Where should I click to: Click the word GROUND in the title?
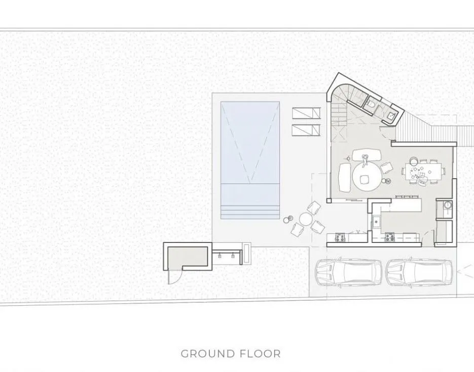(208, 354)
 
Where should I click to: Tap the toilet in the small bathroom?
(371, 104)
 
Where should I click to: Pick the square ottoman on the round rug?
(364, 180)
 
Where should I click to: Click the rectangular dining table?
(423, 172)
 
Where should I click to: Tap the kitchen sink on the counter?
(376, 222)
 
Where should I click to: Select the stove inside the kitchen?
(389, 237)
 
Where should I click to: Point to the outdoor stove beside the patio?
(340, 237)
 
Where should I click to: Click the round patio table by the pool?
(305, 219)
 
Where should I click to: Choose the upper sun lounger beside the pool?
(306, 113)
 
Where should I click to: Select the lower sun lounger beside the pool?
(306, 131)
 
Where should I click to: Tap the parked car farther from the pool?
(419, 272)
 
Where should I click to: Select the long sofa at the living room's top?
(366, 155)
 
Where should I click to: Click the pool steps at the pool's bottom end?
(250, 212)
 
